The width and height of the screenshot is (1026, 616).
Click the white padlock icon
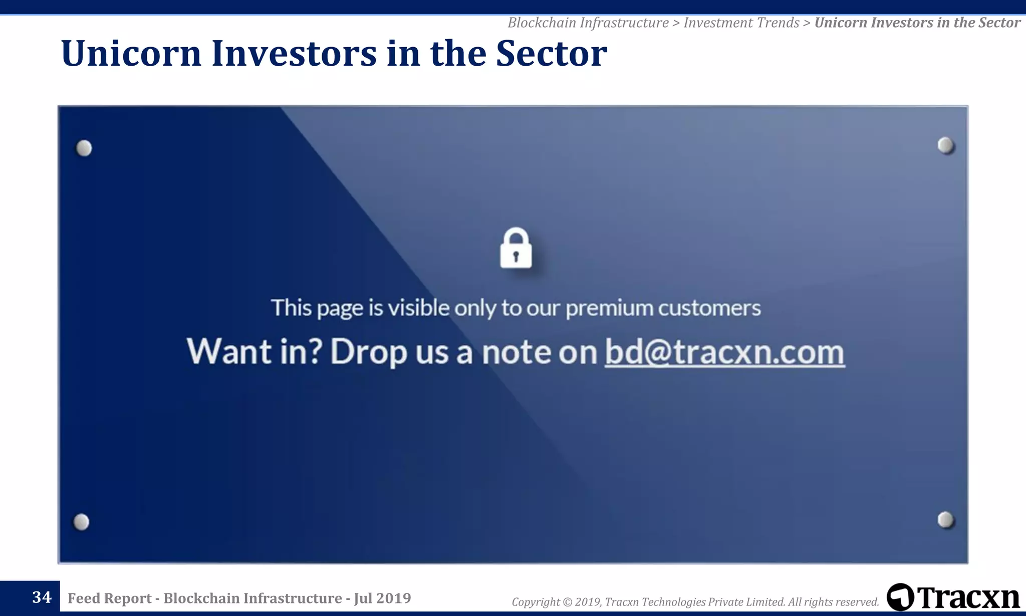click(x=516, y=249)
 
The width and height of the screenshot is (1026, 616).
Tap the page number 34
click(x=42, y=597)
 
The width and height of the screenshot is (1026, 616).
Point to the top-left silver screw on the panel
click(x=84, y=148)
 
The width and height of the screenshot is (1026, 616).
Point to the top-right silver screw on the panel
click(x=945, y=145)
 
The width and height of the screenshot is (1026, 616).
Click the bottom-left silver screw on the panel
click(x=81, y=522)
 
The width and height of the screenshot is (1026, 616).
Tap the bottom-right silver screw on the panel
click(x=945, y=520)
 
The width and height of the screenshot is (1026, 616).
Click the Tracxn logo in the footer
click(x=953, y=597)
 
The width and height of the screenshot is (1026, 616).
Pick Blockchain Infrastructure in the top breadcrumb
click(x=588, y=23)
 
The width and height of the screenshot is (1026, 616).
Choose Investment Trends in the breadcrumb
click(x=741, y=23)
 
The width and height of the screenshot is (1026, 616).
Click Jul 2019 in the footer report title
click(x=382, y=598)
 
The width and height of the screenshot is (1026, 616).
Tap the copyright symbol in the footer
click(x=567, y=602)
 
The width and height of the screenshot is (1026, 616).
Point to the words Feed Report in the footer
click(x=109, y=598)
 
